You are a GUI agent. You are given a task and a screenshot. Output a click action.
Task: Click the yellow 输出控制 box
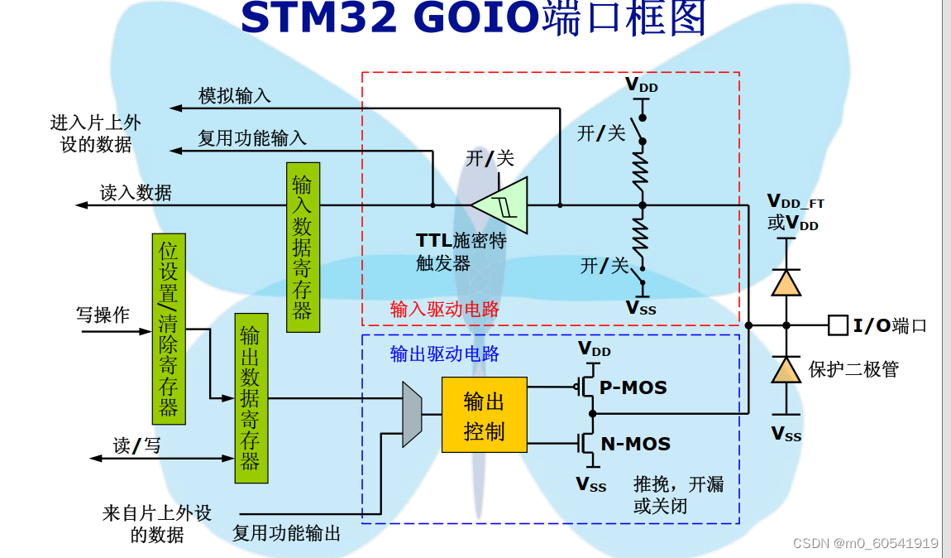(484, 415)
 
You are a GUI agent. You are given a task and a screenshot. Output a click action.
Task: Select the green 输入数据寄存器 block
(303, 247)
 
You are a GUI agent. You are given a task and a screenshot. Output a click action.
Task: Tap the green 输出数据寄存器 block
(251, 397)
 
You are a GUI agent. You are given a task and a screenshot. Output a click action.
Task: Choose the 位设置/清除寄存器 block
(169, 329)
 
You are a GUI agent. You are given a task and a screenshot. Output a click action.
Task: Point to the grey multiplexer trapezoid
(412, 414)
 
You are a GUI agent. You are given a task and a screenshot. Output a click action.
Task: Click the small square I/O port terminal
(837, 325)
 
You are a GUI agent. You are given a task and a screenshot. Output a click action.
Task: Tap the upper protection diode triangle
(786, 282)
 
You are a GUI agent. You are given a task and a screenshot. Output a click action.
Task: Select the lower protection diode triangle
(786, 369)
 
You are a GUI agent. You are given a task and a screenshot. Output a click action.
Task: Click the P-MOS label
(633, 387)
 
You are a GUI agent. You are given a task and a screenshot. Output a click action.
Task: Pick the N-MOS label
(635, 445)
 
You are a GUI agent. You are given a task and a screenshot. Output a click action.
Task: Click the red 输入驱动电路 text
(445, 310)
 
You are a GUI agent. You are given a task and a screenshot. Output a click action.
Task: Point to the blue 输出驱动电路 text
(445, 354)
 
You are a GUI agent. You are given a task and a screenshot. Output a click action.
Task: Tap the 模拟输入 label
(235, 96)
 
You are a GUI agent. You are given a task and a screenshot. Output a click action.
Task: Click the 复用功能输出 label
(287, 533)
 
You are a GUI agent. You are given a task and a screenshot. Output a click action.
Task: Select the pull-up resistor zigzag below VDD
(642, 169)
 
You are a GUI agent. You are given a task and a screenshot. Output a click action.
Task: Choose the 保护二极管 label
(853, 369)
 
